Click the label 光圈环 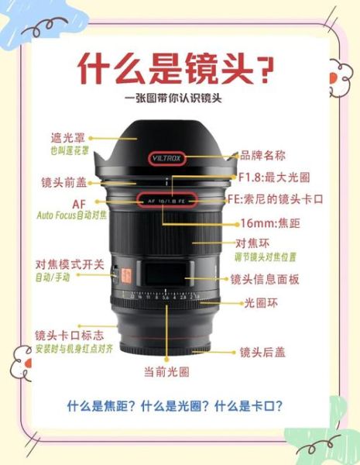click(261, 302)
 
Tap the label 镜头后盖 click(262, 352)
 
